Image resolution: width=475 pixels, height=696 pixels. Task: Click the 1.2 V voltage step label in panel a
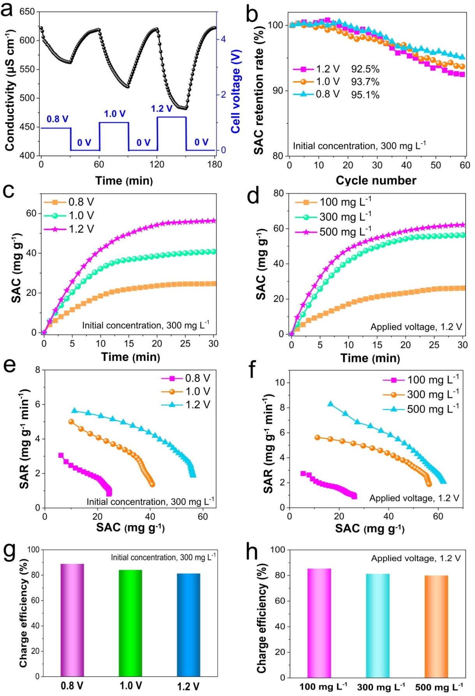coord(162,109)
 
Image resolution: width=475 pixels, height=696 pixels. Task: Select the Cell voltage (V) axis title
coord(236,91)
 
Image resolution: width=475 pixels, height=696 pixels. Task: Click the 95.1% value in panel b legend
coord(365,95)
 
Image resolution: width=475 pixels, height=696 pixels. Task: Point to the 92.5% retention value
coord(365,69)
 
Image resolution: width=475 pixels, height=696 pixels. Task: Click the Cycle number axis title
coord(376,181)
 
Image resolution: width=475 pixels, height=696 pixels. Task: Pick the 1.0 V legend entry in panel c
coord(81,216)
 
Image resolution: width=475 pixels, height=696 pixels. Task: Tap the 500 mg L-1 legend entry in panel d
coord(345,232)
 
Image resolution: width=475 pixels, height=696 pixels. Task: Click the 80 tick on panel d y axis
coord(278,193)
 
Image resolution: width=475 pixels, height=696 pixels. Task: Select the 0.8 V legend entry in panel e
coord(197,378)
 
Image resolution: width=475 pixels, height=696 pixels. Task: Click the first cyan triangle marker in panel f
coord(331,404)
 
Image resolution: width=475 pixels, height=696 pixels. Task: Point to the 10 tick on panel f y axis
coord(280,383)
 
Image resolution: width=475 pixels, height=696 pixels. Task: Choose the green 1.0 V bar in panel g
coord(130,623)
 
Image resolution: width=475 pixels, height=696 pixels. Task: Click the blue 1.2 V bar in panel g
coord(188,625)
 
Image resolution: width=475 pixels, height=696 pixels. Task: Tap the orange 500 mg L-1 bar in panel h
coord(436,626)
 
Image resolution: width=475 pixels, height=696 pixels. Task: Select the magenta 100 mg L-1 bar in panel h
coord(319,623)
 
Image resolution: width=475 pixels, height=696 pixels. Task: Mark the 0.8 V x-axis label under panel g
coord(72,685)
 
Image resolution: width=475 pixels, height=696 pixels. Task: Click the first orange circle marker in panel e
coord(71,422)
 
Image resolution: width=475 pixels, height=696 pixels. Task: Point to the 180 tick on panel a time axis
coord(215,165)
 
